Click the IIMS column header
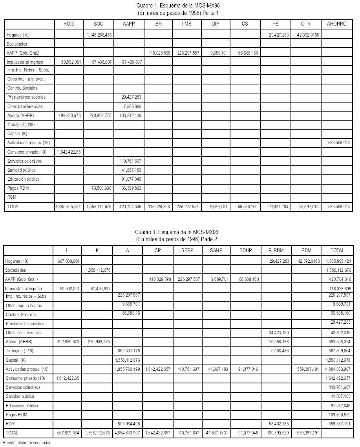tap(186, 24)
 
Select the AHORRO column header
tap(336, 24)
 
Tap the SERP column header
tap(187, 250)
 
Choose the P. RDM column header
tap(276, 250)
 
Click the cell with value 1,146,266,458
tap(99, 35)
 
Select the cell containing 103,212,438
tap(129, 115)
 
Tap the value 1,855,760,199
tap(128, 369)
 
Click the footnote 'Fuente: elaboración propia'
tap(27, 443)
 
